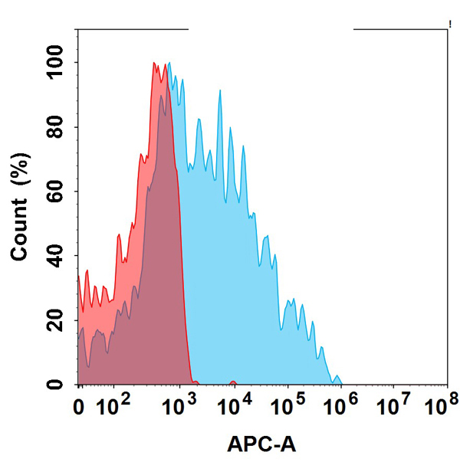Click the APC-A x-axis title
[x=261, y=443]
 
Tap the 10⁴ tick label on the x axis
[x=232, y=401]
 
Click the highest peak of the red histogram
[x=154, y=64]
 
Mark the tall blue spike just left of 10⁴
[x=220, y=92]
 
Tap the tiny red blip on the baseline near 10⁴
[x=232, y=382]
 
